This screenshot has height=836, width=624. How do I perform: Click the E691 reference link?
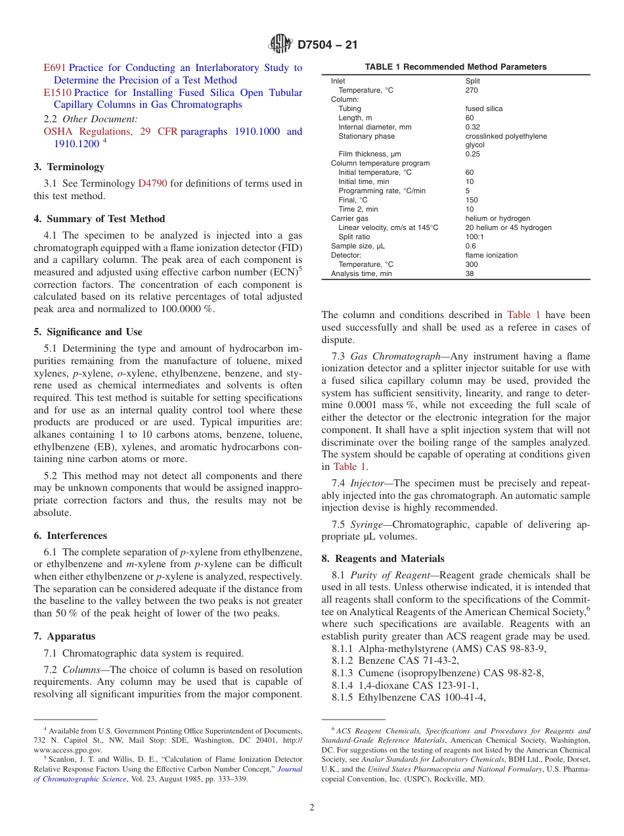pos(55,68)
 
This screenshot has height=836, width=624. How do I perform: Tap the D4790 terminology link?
pos(152,183)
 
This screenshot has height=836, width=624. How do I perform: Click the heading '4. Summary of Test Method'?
pos(99,219)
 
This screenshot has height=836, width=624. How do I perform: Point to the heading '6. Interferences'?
pos(70,536)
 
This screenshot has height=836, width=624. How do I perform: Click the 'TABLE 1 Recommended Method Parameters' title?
pos(455,67)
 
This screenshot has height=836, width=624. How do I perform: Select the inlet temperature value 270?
pos(472,90)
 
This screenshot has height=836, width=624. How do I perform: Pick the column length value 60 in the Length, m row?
pos(470,118)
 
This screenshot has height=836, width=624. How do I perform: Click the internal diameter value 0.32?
pos(472,127)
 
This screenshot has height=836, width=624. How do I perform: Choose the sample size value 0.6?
pos(470,246)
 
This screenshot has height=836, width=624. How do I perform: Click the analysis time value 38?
pos(470,273)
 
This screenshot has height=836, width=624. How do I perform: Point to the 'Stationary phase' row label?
pos(367,136)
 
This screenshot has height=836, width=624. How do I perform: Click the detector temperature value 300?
pos(472,264)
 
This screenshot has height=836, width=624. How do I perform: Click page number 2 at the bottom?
pos(312,808)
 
